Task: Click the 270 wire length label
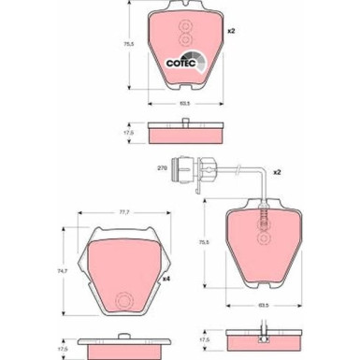(161, 168)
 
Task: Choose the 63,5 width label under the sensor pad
(263, 304)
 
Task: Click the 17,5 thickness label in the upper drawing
(131, 133)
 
